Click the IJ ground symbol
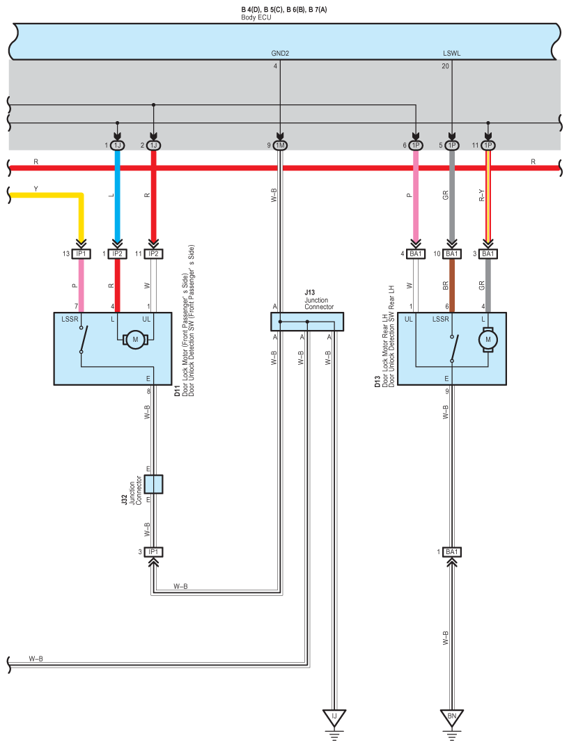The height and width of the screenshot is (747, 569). pyautogui.click(x=334, y=719)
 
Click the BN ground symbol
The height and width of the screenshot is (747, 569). pyautogui.click(x=452, y=719)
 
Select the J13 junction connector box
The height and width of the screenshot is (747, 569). pyautogui.click(x=307, y=322)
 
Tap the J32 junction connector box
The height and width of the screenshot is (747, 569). pyautogui.click(x=153, y=484)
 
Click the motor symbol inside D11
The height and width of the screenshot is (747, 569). pyautogui.click(x=135, y=340)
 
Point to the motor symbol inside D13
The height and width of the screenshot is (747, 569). pyautogui.click(x=488, y=340)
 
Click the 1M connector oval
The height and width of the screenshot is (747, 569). pyautogui.click(x=280, y=146)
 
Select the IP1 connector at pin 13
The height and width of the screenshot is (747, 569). pyautogui.click(x=81, y=254)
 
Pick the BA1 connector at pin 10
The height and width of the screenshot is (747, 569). pyautogui.click(x=452, y=254)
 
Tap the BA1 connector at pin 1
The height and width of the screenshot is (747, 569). pyautogui.click(x=452, y=552)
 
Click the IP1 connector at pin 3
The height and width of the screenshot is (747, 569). pyautogui.click(x=153, y=552)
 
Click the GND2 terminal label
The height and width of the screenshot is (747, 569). pyautogui.click(x=280, y=54)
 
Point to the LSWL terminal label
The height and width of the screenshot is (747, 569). pyautogui.click(x=452, y=54)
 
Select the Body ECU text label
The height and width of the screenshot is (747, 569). pyautogui.click(x=256, y=17)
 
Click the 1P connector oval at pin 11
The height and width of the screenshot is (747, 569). pyautogui.click(x=488, y=146)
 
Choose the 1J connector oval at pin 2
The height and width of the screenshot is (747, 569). pyautogui.click(x=153, y=146)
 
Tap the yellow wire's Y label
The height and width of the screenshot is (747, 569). pyautogui.click(x=36, y=189)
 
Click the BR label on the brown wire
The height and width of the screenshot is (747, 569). pyautogui.click(x=446, y=286)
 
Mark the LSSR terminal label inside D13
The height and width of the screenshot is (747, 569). pyautogui.click(x=440, y=319)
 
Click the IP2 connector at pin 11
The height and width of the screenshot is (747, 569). pyautogui.click(x=153, y=254)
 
